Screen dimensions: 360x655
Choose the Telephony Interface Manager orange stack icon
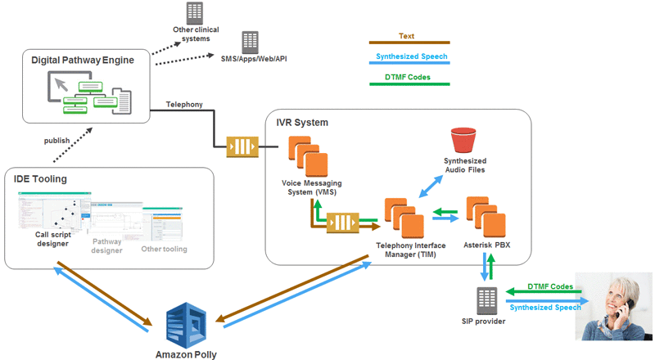404,217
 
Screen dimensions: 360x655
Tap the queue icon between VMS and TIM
343,223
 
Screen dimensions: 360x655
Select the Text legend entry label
407,36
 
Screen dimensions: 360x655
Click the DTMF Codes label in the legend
407,78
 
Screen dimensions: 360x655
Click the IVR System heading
302,123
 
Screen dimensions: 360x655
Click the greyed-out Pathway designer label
106,245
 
